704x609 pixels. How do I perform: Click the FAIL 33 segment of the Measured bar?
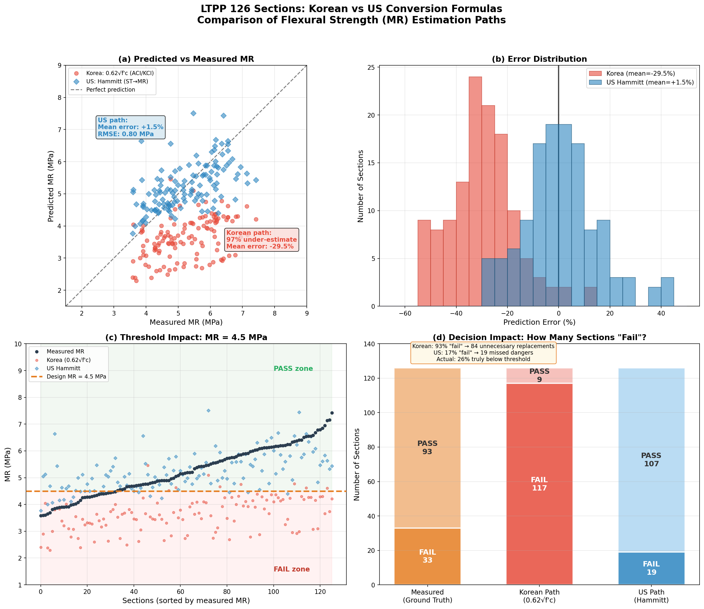(x=427, y=556)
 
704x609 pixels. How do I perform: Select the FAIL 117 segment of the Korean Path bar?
(x=539, y=484)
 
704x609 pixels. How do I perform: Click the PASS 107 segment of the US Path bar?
(x=651, y=459)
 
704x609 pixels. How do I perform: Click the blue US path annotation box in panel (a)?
(x=131, y=127)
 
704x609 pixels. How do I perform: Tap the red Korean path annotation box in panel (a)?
(x=261, y=240)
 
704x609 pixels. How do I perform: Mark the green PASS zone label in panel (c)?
(x=293, y=369)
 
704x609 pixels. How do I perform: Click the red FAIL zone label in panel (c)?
(x=292, y=569)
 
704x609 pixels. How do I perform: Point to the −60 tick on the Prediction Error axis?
(x=405, y=313)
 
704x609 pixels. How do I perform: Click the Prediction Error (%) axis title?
(x=539, y=322)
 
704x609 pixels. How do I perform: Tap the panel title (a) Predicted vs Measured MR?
(x=186, y=59)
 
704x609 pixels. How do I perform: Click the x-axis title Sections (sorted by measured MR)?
(x=186, y=600)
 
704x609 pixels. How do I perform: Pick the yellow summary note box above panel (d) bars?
(x=483, y=353)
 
